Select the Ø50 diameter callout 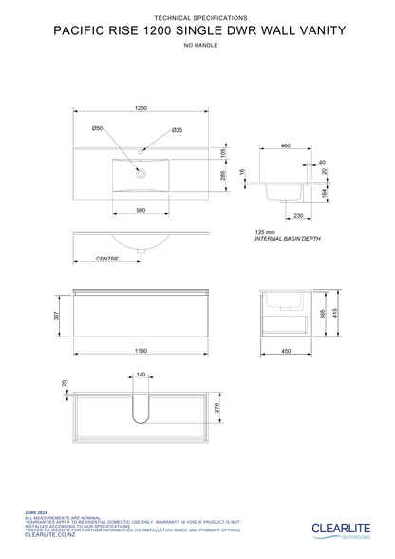tap(98, 128)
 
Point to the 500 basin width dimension tap(141, 210)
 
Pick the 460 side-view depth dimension tap(285, 145)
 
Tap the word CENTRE tap(107, 259)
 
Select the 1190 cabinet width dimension tap(141, 351)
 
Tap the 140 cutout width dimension tap(141, 376)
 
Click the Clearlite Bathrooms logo tap(345, 529)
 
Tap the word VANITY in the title tap(312, 30)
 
